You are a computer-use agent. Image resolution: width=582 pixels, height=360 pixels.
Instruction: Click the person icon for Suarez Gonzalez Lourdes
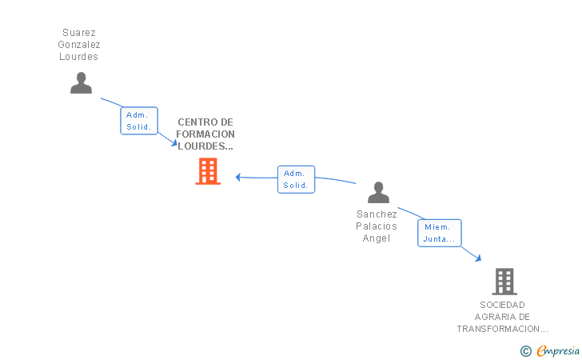[x=81, y=83]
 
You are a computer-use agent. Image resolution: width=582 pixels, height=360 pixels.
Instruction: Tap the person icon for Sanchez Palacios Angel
[x=378, y=193]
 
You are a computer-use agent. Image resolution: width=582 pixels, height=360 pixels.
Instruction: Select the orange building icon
[x=208, y=171]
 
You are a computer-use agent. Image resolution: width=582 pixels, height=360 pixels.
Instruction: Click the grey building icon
[x=504, y=282]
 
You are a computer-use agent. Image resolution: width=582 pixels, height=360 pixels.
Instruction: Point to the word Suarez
[x=79, y=33]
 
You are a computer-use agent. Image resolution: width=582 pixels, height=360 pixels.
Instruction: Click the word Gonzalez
[x=79, y=45]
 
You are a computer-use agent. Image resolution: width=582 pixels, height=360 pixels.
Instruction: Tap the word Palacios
[x=377, y=226]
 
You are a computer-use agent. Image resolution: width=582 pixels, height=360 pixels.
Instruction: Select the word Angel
[x=377, y=238]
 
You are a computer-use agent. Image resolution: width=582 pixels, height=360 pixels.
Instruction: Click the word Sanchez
[x=377, y=214]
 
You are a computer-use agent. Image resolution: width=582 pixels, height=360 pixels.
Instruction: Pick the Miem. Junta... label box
[x=439, y=233]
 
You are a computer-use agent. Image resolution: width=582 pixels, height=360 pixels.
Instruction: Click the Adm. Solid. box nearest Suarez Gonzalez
[x=139, y=121]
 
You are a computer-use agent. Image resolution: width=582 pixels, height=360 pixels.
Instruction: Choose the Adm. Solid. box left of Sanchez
[x=296, y=179]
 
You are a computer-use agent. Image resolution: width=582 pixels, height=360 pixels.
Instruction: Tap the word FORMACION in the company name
[x=206, y=134]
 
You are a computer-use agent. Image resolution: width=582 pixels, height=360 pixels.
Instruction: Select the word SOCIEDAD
[x=503, y=305]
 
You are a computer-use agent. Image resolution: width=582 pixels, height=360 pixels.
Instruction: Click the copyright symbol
[x=525, y=350]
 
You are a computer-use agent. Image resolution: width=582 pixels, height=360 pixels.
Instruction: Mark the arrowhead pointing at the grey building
[x=478, y=258]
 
